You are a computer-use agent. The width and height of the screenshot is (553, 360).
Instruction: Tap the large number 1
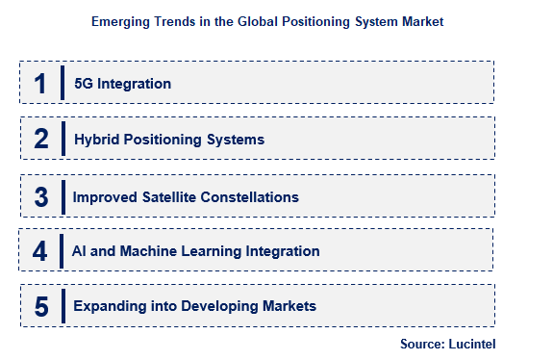click(40, 84)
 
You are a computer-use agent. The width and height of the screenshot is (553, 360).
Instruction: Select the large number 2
click(40, 140)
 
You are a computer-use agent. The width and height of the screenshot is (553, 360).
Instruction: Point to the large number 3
click(40, 196)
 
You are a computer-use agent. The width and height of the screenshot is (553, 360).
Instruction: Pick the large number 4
click(39, 251)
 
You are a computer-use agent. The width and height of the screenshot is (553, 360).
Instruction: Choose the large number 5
click(40, 307)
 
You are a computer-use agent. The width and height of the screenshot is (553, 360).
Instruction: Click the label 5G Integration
click(122, 84)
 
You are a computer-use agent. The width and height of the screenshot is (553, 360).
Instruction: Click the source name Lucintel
click(472, 344)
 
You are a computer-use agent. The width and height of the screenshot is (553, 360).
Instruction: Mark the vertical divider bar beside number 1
click(63, 84)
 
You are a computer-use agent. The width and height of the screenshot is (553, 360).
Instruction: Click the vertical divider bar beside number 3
click(63, 196)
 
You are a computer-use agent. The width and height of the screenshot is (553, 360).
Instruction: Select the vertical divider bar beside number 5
click(63, 307)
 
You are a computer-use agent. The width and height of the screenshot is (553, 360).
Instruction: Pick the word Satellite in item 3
click(174, 196)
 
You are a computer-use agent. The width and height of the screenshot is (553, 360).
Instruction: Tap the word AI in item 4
click(81, 251)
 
